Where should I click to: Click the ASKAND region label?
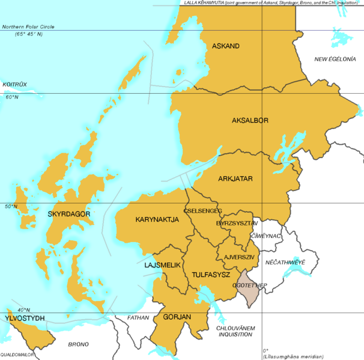coord(225,46)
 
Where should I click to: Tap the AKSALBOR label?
coord(250,120)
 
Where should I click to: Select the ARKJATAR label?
coord(235,178)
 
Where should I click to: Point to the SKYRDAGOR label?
coord(69,214)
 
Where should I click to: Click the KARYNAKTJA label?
coord(157,220)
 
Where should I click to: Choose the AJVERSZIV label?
coord(239,257)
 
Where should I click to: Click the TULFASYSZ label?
coord(211,274)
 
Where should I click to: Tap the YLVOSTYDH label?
coord(25,317)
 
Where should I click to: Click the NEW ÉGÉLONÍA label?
coord(336,59)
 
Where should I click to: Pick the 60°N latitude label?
coord(12,97)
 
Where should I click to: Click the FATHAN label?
coord(138,317)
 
